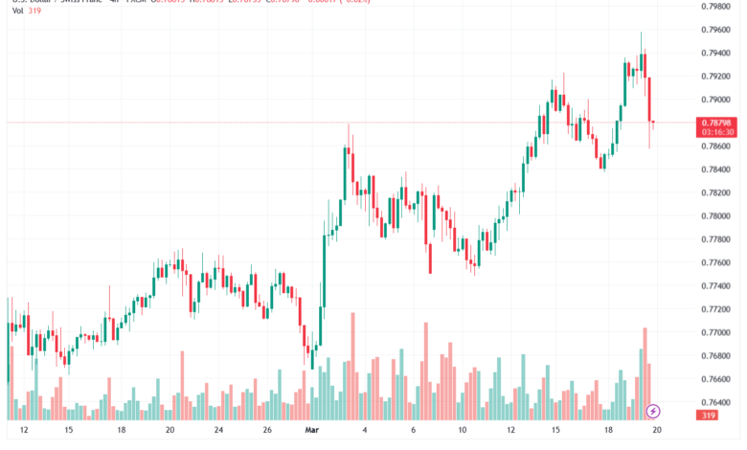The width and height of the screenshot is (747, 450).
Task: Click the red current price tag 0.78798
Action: tap(716, 123)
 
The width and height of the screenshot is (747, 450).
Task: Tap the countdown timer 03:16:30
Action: tap(716, 132)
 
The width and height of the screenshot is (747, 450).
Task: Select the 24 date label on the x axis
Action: tap(219, 433)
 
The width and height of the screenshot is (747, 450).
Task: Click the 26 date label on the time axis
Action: tap(268, 433)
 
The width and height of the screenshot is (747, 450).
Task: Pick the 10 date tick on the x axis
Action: tap(462, 433)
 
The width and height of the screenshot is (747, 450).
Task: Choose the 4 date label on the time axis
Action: tap(363, 433)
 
